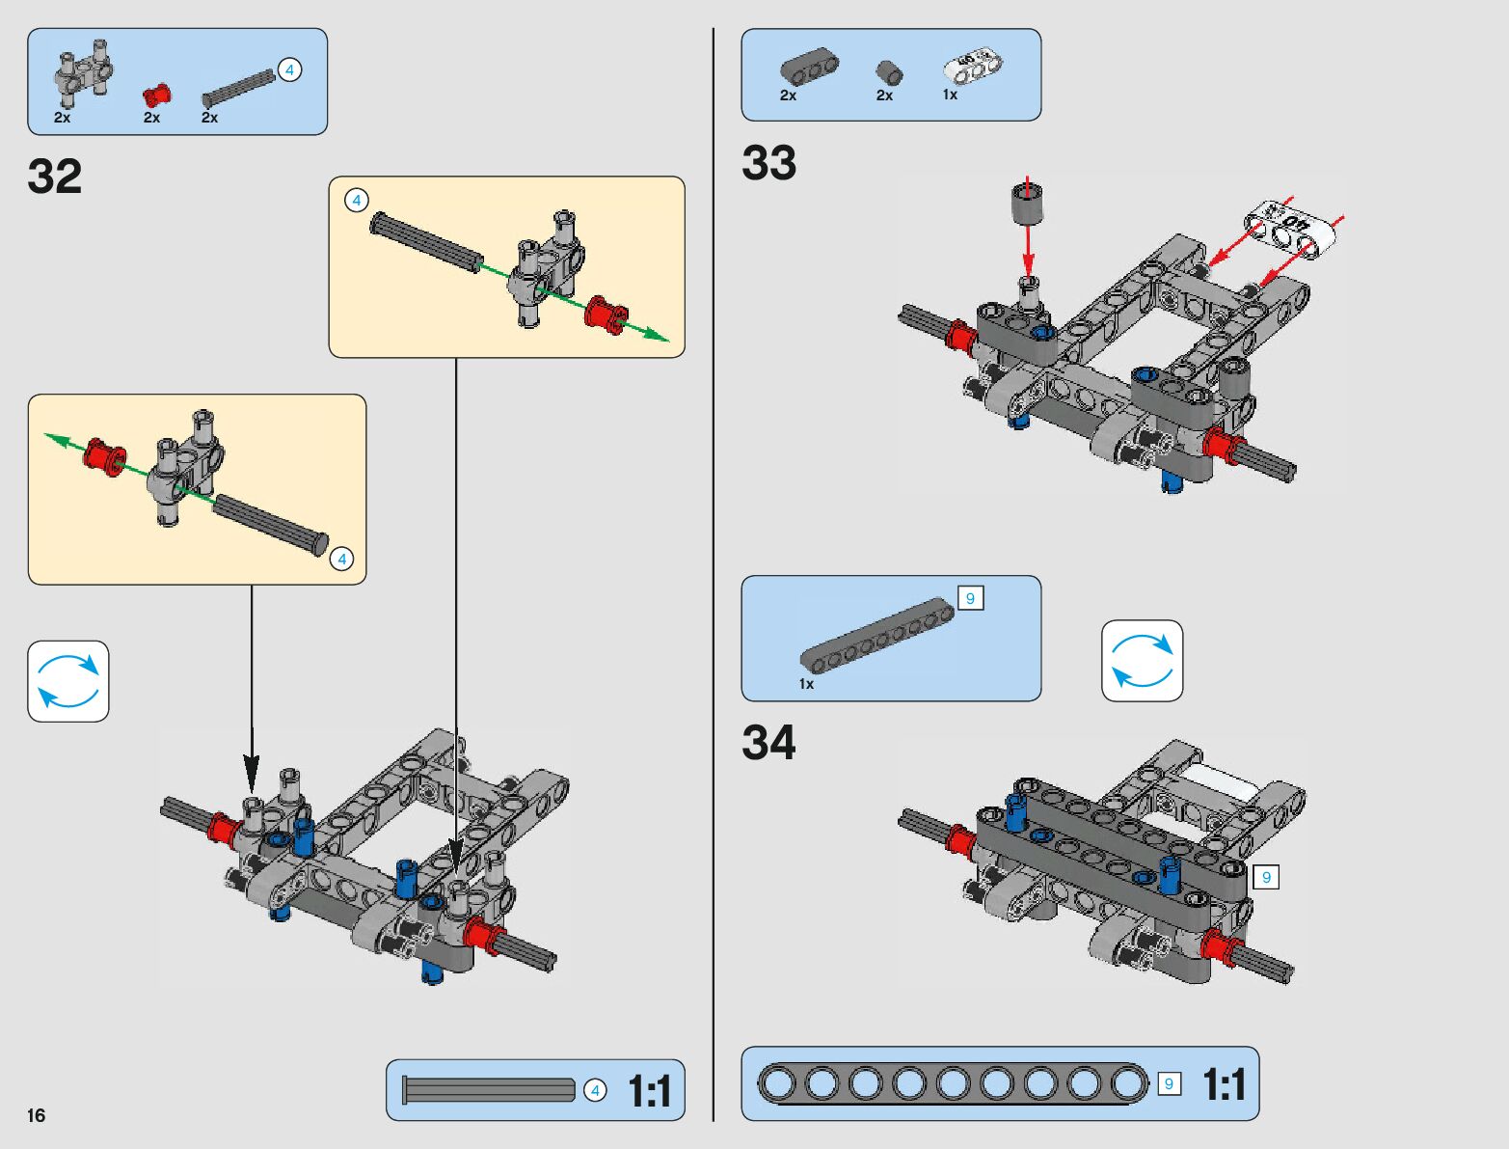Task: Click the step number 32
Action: pyautogui.click(x=55, y=178)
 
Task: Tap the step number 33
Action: pyautogui.click(x=769, y=163)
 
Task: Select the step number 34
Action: pyautogui.click(x=769, y=743)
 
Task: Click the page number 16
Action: pyautogui.click(x=36, y=1116)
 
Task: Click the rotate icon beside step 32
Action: pyautogui.click(x=68, y=681)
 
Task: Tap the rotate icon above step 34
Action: pyautogui.click(x=1142, y=661)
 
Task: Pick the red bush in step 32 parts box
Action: pyautogui.click(x=157, y=95)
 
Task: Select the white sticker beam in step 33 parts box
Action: pyautogui.click(x=972, y=67)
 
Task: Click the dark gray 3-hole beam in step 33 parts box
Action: pyautogui.click(x=808, y=68)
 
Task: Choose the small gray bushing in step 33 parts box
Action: pyautogui.click(x=889, y=73)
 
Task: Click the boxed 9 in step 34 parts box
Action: pyautogui.click(x=970, y=599)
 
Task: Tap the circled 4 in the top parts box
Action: pyautogui.click(x=288, y=69)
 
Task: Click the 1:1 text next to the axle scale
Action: pyautogui.click(x=649, y=1092)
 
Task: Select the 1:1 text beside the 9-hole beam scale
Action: pyautogui.click(x=1224, y=1085)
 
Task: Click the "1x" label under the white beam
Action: pyautogui.click(x=950, y=95)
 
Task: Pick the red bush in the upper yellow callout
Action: pyautogui.click(x=606, y=315)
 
